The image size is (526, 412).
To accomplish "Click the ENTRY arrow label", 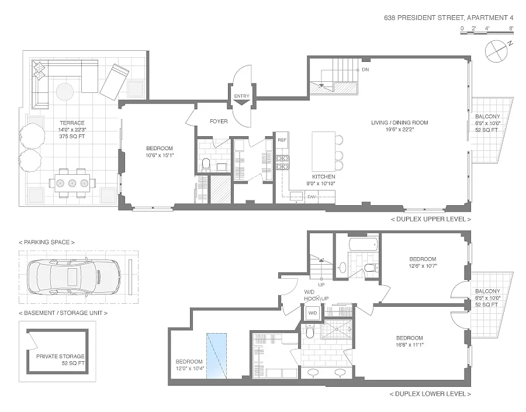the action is click(x=241, y=96).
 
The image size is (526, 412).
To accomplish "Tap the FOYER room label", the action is click(x=219, y=122).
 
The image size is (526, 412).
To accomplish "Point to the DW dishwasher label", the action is click(x=312, y=196).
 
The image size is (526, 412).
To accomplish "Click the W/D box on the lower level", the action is click(x=312, y=313).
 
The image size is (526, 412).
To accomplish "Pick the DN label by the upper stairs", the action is click(x=365, y=70).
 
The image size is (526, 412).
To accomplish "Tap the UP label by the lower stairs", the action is click(x=321, y=285).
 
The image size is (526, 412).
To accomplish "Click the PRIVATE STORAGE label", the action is click(x=60, y=356).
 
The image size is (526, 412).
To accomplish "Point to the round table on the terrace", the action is click(x=65, y=92).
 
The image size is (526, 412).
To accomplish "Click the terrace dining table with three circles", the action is click(x=72, y=183).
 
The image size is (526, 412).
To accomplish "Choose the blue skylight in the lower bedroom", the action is click(x=217, y=356).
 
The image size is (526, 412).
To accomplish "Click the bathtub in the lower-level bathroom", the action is click(x=364, y=244).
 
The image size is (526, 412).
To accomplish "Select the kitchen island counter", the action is click(x=323, y=151).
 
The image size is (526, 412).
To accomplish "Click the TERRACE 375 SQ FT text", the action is click(x=72, y=130).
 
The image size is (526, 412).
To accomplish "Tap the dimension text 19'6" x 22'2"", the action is click(x=400, y=130).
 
